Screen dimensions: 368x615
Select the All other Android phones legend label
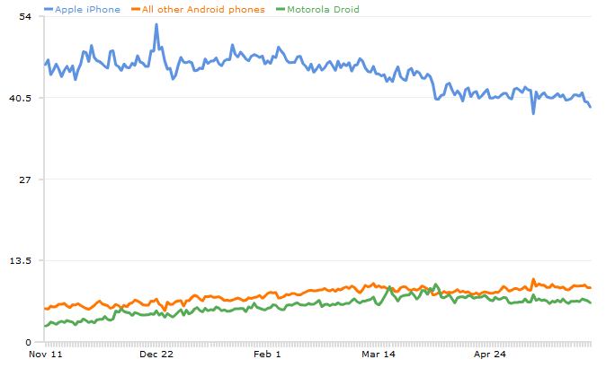(x=203, y=9)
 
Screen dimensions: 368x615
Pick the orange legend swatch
(x=135, y=9)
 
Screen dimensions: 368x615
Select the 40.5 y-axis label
(x=22, y=98)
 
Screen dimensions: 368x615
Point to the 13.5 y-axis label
(x=22, y=260)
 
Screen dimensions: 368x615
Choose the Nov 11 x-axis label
(x=46, y=355)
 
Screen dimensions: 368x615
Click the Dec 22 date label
(x=156, y=355)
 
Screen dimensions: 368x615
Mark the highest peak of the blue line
(x=156, y=25)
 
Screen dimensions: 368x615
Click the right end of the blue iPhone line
(x=591, y=108)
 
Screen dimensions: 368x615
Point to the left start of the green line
(x=45, y=326)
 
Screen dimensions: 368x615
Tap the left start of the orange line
(x=45, y=308)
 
